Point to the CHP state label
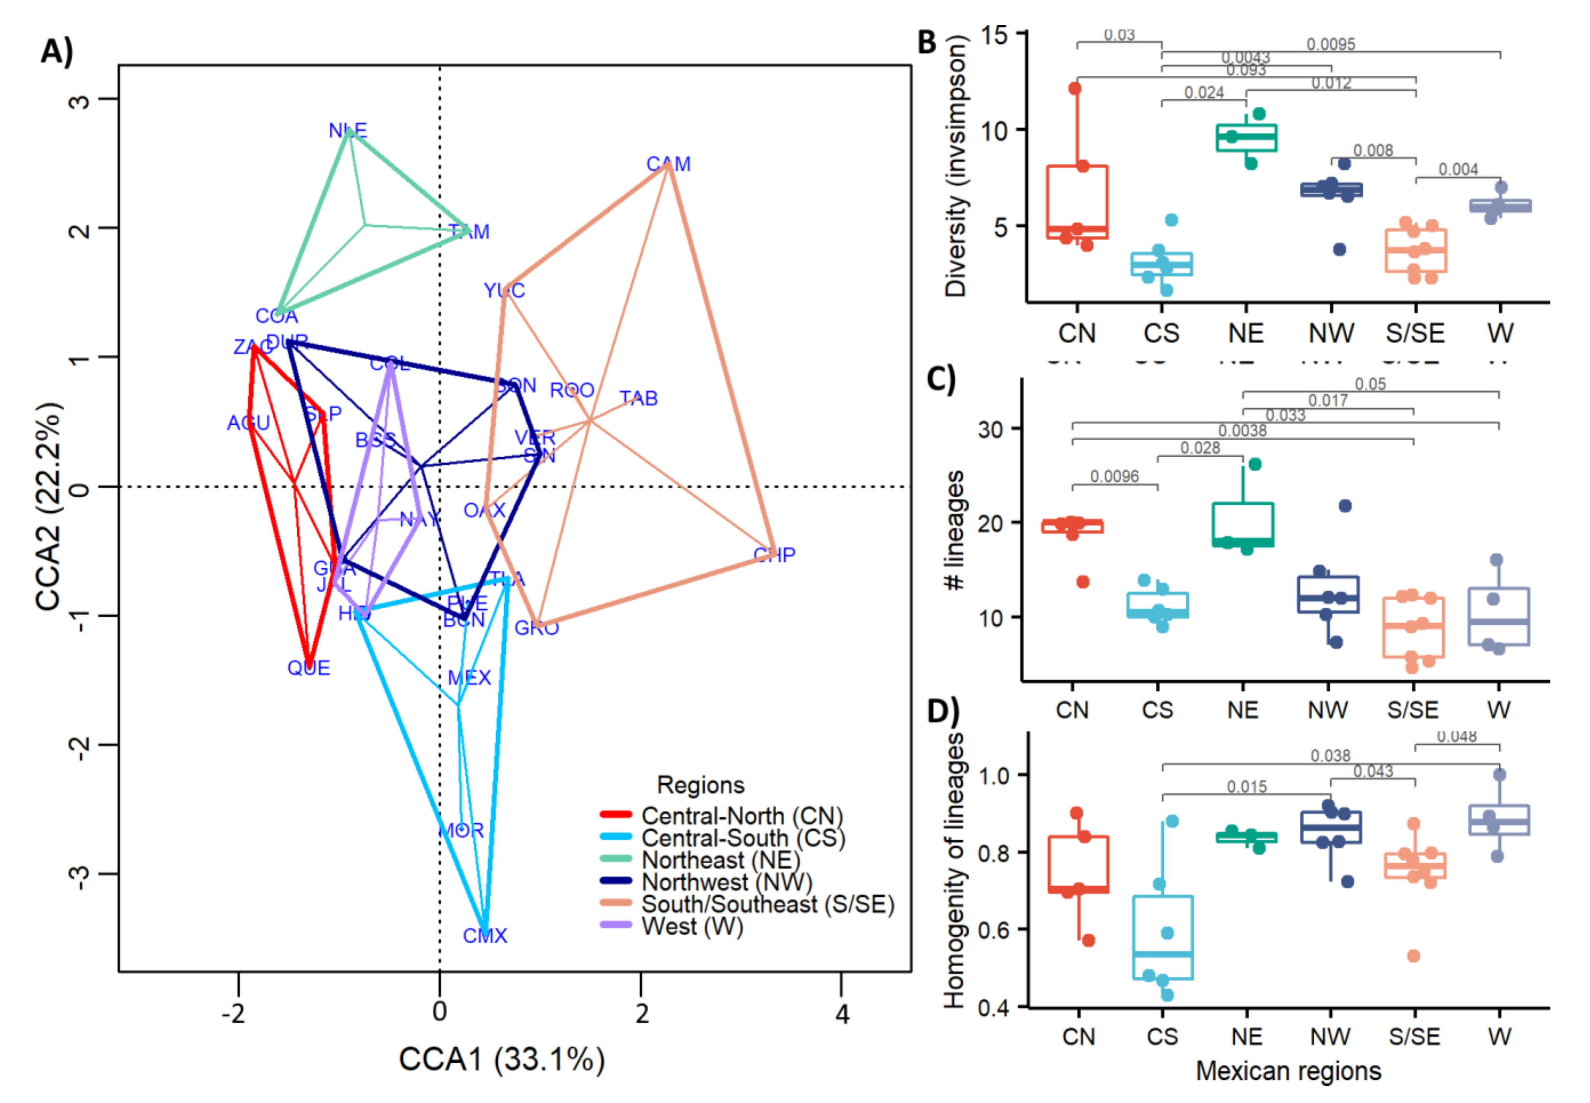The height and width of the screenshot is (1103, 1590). (774, 554)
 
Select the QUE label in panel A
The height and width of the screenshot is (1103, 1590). (309, 668)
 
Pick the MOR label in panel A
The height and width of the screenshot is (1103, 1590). (461, 830)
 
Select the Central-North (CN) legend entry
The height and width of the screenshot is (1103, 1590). (742, 816)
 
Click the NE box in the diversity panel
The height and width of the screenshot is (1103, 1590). (1246, 137)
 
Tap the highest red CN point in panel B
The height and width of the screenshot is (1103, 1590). (1075, 88)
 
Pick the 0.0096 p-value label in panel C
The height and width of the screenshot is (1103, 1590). (1114, 476)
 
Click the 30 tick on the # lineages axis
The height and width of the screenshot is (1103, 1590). (990, 429)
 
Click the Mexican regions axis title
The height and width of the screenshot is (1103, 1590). (1288, 1071)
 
